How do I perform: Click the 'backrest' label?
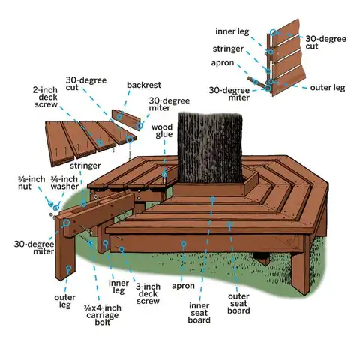pyautogui.click(x=144, y=85)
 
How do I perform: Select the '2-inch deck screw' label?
pyautogui.click(x=46, y=97)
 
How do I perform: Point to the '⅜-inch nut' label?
pyautogui.click(x=31, y=183)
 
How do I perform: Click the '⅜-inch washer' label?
pyautogui.click(x=64, y=183)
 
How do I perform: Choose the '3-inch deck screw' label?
pyautogui.click(x=148, y=294)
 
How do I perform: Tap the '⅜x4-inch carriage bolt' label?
pyautogui.click(x=103, y=315)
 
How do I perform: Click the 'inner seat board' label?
pyautogui.click(x=199, y=313)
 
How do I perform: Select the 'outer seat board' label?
pyautogui.click(x=238, y=304)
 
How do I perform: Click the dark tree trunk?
pyautogui.click(x=210, y=148)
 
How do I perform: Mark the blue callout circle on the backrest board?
pyautogui.click(x=120, y=116)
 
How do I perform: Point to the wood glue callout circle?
pyautogui.click(x=164, y=175)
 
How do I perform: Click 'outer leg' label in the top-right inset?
pyautogui.click(x=328, y=88)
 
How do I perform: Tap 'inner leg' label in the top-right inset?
pyautogui.click(x=232, y=31)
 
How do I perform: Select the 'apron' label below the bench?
pyautogui.click(x=183, y=286)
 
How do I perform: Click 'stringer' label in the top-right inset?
pyautogui.click(x=228, y=49)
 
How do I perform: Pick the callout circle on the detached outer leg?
pyautogui.click(x=68, y=268)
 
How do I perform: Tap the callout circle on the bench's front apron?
pyautogui.click(x=184, y=244)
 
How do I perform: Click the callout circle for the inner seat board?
pyautogui.click(x=213, y=199)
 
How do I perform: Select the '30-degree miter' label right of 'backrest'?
pyautogui.click(x=169, y=104)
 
